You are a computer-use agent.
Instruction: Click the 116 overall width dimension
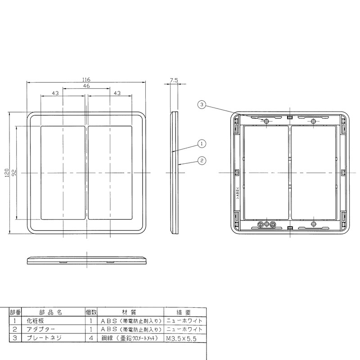click(86, 80)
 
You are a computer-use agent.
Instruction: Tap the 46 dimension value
click(86, 86)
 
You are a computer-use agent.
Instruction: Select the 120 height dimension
click(7, 173)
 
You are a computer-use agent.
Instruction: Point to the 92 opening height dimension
click(13, 173)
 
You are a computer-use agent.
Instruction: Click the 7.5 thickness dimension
click(174, 80)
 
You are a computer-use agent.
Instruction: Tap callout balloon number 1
click(202, 144)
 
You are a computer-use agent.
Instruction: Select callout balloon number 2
click(202, 161)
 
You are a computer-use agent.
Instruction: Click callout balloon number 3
click(202, 105)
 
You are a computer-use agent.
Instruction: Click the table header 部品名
click(51, 312)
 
